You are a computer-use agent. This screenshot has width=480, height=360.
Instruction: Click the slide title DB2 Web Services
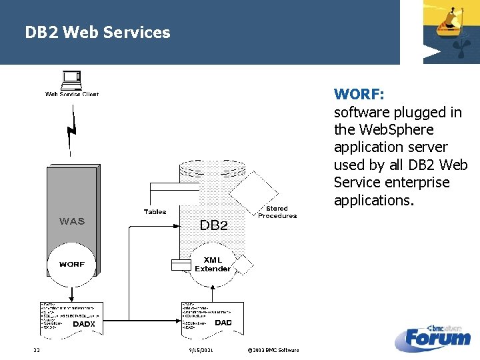pos(97,32)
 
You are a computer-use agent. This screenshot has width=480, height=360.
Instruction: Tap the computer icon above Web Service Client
pos(71,80)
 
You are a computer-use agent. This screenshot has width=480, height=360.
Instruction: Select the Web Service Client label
pos(72,94)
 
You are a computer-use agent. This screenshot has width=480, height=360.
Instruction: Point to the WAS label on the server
pos(72,221)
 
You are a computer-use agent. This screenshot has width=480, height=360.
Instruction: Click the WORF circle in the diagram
pos(72,264)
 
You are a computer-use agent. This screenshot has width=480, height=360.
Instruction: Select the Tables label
pos(155,212)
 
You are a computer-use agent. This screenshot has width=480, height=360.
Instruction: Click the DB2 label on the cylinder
pos(213,225)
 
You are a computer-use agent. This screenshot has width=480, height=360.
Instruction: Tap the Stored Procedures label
pos(277,212)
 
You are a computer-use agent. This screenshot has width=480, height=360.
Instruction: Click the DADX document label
pos(84,324)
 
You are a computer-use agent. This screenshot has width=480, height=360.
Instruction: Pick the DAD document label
pos(223,323)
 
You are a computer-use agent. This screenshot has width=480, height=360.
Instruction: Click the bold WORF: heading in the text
pos(359,94)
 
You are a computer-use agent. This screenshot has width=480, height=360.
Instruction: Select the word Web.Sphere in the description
pos(396,129)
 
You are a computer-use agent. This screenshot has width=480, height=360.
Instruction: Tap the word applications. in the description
pos(371,200)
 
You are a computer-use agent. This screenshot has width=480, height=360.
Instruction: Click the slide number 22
pos(37,351)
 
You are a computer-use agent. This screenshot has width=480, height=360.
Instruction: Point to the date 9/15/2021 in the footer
pos(200,351)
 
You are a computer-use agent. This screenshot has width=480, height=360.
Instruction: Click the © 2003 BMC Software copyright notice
pos(273,351)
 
